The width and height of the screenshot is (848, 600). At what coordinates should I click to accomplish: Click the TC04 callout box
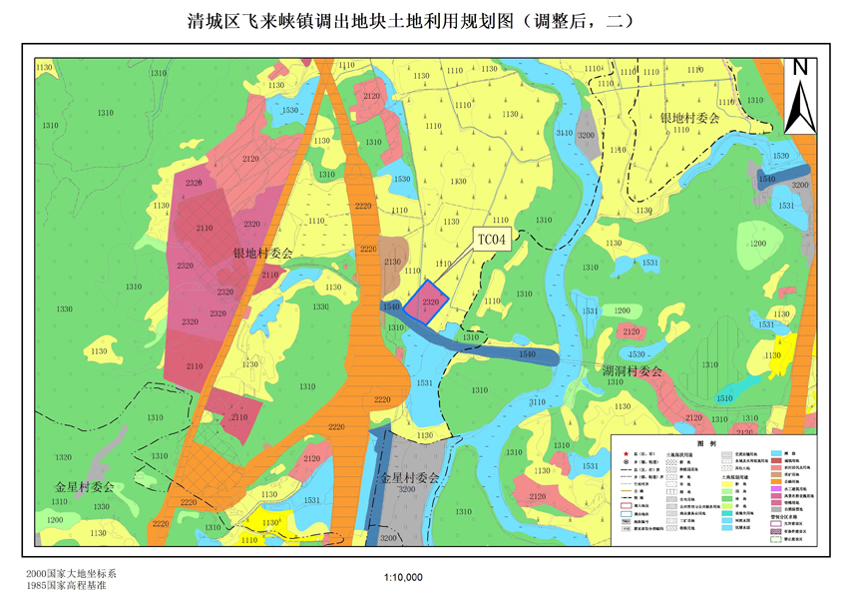coord(491,240)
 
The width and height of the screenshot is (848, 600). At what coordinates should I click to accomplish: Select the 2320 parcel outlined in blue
coord(429,301)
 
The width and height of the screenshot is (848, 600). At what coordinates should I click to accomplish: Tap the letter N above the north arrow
coord(799,68)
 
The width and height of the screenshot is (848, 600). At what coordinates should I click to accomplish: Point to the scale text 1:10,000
coord(403,577)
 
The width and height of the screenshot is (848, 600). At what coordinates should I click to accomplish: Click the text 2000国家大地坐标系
coord(73,574)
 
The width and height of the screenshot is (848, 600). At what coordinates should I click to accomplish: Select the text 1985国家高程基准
coord(67,586)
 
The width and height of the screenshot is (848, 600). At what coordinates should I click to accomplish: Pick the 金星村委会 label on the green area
coord(84,487)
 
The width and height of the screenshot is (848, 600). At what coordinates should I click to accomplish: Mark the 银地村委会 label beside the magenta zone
coord(262,254)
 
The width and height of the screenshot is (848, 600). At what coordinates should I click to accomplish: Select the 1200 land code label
coord(54,521)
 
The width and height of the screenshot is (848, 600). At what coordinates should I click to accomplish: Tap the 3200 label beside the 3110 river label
coord(586,135)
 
